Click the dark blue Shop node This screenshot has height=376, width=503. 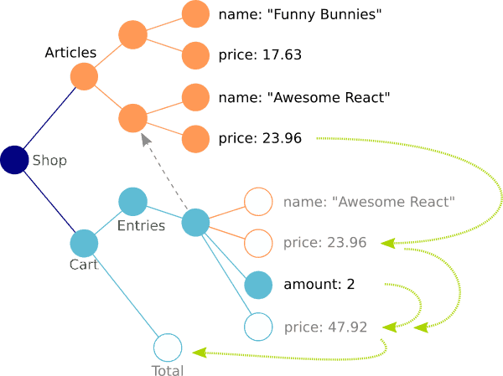(14, 159)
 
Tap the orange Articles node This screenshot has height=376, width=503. (84, 76)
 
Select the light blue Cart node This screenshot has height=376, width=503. (84, 243)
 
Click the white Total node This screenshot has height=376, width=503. (168, 347)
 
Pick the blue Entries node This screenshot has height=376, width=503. (132, 201)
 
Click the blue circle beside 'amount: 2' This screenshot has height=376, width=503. (259, 285)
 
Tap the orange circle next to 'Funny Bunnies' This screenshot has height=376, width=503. (195, 14)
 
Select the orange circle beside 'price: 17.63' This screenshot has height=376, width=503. (195, 55)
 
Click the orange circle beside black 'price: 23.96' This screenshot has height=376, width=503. (195, 138)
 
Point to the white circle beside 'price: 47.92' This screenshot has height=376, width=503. (259, 327)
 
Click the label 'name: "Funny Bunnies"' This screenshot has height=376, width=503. (293, 14)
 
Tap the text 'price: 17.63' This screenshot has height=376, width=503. (259, 55)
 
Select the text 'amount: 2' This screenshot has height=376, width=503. (319, 285)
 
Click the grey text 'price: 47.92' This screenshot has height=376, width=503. (325, 327)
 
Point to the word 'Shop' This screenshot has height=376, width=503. (49, 160)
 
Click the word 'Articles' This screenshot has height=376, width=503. (70, 53)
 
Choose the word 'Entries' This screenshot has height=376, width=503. (141, 226)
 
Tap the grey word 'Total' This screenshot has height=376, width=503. (167, 369)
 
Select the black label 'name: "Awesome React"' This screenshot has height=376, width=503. (303, 97)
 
